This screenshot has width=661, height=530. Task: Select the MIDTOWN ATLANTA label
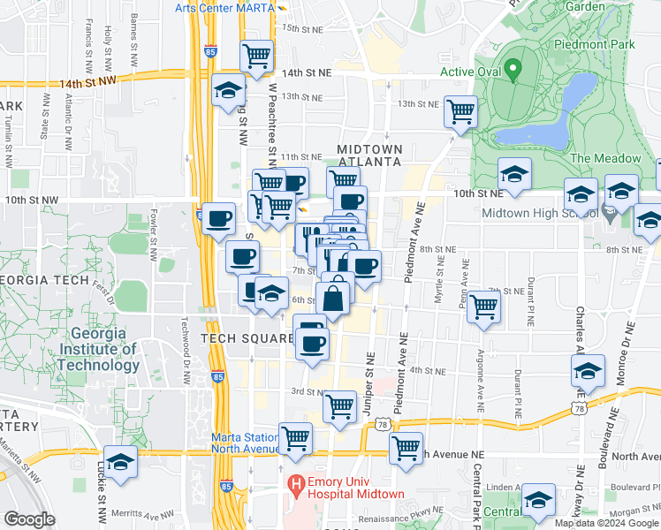click(369, 155)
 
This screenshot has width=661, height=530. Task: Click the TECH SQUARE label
click(247, 338)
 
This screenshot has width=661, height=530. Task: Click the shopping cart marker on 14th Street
click(256, 55)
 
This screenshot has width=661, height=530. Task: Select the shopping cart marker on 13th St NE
click(460, 110)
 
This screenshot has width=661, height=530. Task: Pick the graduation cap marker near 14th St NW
click(228, 90)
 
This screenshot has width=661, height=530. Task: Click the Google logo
click(29, 519)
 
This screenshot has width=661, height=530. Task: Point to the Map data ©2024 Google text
click(606, 522)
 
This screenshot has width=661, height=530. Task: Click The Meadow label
click(605, 158)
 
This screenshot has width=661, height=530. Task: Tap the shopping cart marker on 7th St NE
click(483, 307)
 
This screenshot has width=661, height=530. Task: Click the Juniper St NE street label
click(369, 379)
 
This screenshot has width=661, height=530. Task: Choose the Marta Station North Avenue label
click(245, 443)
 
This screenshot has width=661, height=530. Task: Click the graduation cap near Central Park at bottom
click(537, 499)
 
